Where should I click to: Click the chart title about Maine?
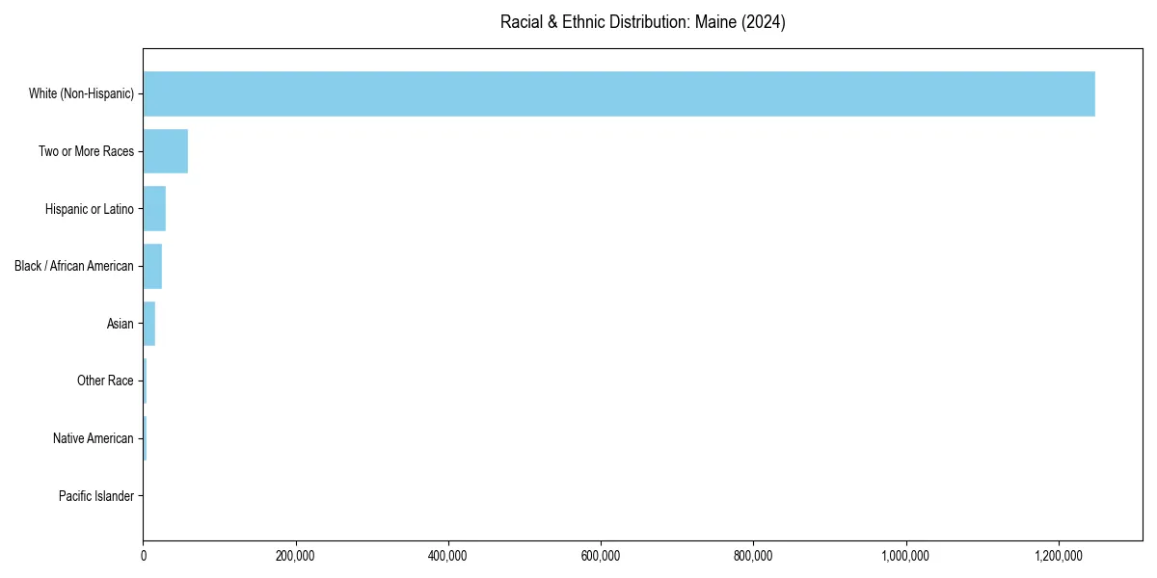point(642,22)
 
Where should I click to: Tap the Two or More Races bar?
point(166,151)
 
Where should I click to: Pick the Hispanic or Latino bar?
point(154,209)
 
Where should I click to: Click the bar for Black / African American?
point(152,266)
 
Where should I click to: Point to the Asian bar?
point(149,324)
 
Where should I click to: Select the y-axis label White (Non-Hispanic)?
point(81,93)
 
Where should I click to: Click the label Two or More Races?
point(86,151)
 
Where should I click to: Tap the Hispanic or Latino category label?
point(89,209)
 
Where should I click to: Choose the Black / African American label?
point(74,266)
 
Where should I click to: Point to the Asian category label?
point(120,324)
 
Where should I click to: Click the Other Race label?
point(105,381)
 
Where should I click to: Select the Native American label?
point(93,438)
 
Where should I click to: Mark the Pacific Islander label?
point(95,496)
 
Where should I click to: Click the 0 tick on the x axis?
point(144,556)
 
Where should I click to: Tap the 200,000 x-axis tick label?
point(296,556)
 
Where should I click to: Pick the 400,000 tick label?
point(448,556)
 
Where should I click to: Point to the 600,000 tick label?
point(601,556)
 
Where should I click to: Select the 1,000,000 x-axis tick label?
point(906,556)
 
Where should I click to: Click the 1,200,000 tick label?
point(1059,556)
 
